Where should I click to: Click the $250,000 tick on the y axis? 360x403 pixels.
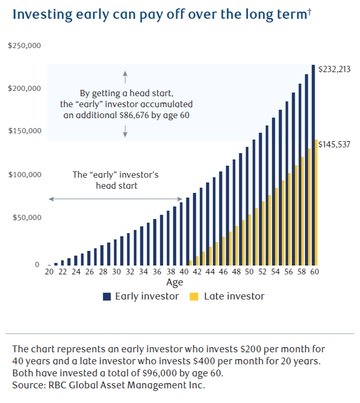click(x=25, y=46)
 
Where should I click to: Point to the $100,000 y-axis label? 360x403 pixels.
click(x=25, y=174)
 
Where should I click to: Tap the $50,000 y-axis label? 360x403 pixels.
click(x=27, y=217)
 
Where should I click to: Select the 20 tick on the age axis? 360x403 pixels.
click(x=49, y=272)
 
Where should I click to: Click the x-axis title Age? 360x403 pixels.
click(x=174, y=283)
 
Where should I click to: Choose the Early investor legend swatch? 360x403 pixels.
click(x=107, y=296)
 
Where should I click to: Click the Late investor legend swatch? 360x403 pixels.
click(x=194, y=296)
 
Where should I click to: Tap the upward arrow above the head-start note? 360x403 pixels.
click(x=126, y=77)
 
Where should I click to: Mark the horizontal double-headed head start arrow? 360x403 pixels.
click(x=115, y=199)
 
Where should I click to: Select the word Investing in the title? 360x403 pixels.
click(x=40, y=14)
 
